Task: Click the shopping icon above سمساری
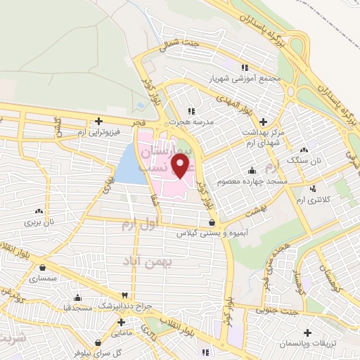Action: pyautogui.click(x=44, y=267)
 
